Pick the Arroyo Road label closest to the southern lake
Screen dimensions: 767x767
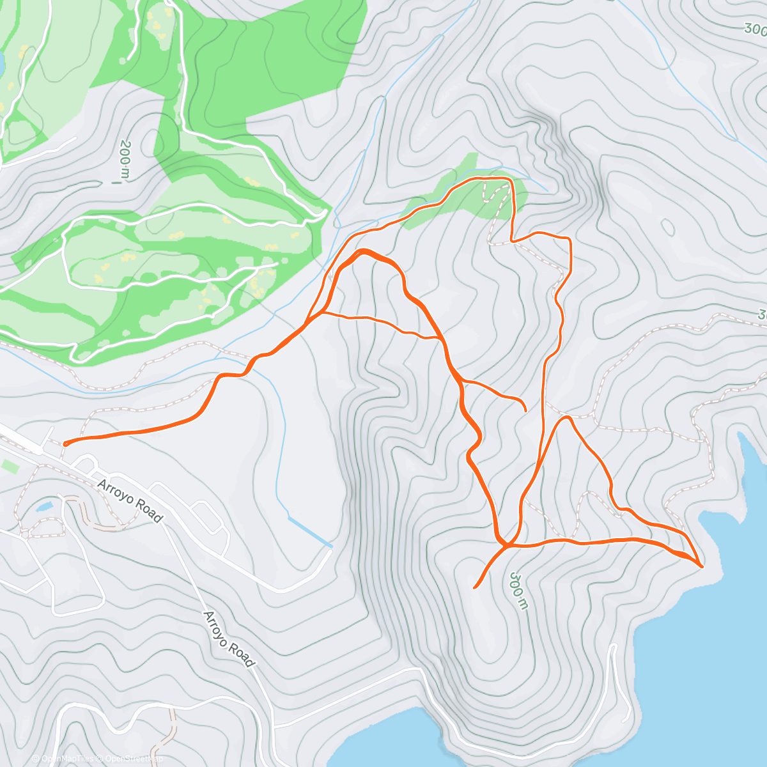228,639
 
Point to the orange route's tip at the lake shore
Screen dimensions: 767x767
702,566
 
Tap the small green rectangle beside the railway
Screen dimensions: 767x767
10,466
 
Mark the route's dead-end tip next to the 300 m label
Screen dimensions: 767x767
474,586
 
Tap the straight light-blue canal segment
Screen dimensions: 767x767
309,532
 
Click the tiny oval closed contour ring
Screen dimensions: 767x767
667,226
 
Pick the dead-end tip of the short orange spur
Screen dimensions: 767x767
525,409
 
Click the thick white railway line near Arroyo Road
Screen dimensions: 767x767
19,441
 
